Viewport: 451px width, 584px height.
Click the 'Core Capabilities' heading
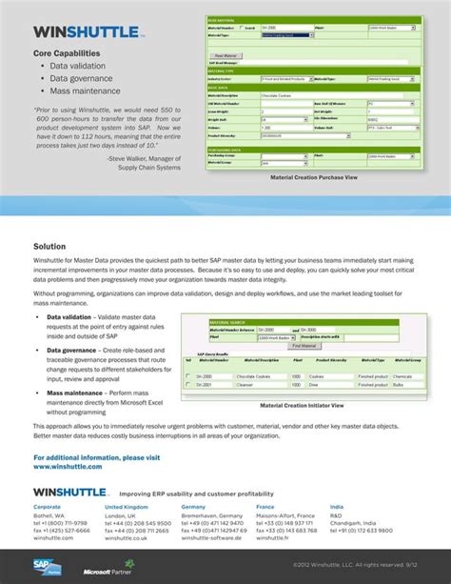(67, 53)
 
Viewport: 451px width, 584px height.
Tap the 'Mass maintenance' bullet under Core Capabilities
(85, 91)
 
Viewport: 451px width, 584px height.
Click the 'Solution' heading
(49, 246)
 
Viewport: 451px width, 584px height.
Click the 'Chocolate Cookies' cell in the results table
(248, 376)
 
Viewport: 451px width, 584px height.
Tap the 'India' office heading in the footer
(336, 507)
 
